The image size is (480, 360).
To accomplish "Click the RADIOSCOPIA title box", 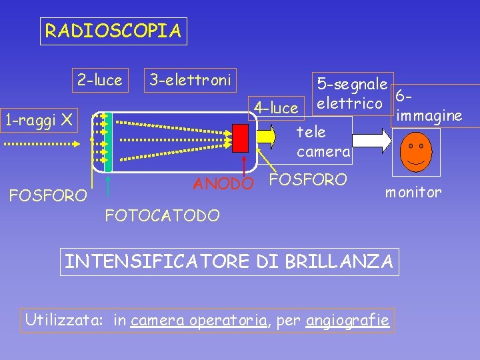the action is [113, 31].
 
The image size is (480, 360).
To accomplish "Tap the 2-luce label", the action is [99, 81].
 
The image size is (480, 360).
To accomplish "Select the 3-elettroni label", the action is [190, 81].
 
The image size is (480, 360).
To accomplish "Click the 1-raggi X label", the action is [38, 120].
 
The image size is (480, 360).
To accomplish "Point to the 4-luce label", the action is [276, 107].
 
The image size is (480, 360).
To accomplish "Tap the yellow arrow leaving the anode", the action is [265, 137].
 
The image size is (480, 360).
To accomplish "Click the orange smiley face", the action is [420, 150].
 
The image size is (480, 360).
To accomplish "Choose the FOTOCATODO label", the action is [162, 215].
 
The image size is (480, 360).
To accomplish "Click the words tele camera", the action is [323, 142].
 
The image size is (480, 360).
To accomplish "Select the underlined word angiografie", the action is [347, 321].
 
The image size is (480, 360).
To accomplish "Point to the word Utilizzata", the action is [63, 321].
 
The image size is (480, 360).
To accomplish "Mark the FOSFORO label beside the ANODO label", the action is [307, 179].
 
